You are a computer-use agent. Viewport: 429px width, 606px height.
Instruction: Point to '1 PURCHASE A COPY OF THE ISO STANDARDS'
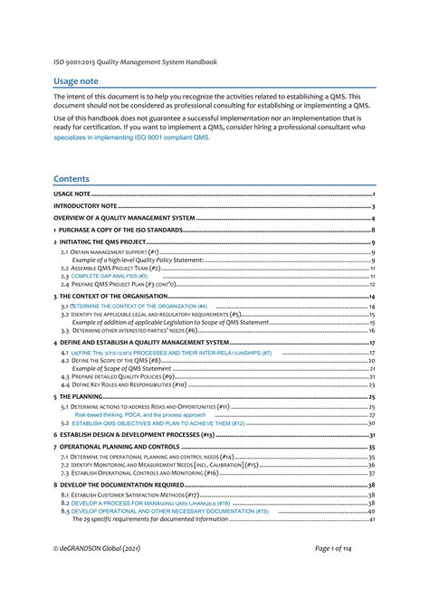coord(118,231)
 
